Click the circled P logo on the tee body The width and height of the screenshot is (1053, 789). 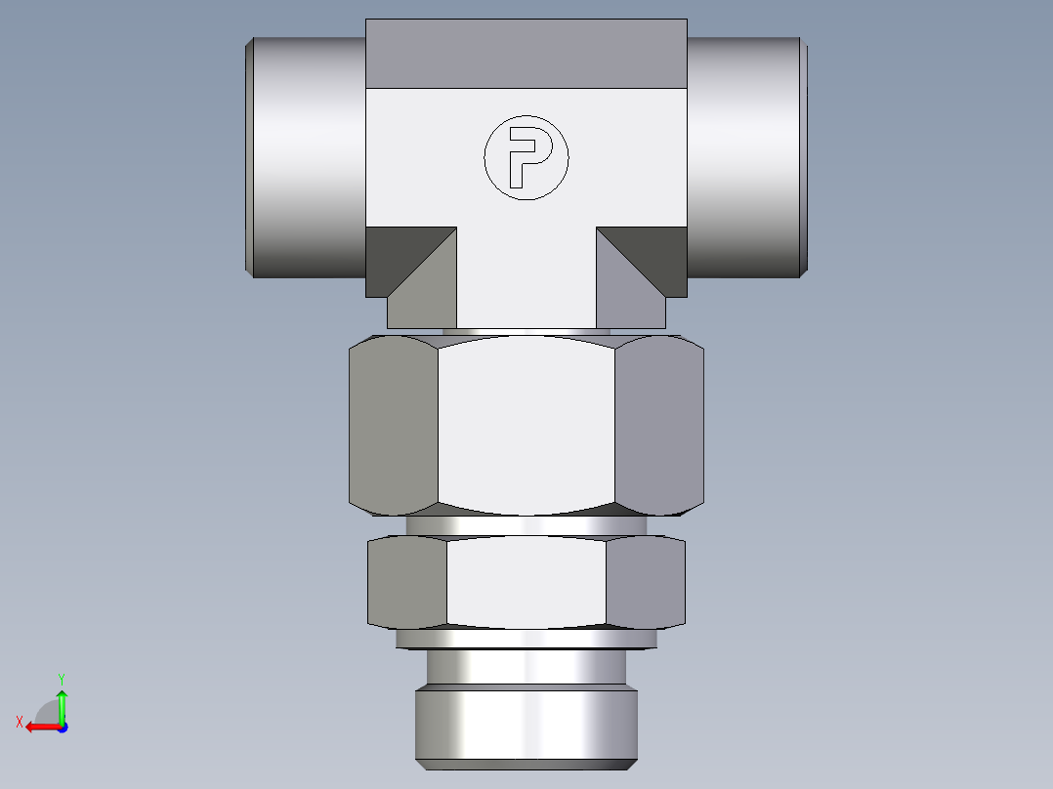(x=526, y=158)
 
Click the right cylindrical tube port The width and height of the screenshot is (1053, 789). (x=744, y=156)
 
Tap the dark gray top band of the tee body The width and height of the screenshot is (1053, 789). (x=526, y=54)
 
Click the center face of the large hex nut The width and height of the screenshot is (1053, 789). (x=526, y=425)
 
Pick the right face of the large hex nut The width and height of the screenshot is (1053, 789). (x=658, y=425)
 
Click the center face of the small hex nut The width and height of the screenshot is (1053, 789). (x=526, y=582)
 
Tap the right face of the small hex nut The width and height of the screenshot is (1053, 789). (x=645, y=582)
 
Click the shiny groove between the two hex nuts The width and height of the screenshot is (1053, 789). (x=526, y=525)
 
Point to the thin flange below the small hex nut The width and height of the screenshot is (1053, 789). (x=526, y=639)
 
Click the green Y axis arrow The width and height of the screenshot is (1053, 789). (x=62, y=699)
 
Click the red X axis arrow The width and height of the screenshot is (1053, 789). (x=37, y=727)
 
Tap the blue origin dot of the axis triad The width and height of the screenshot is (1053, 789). (x=62, y=727)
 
